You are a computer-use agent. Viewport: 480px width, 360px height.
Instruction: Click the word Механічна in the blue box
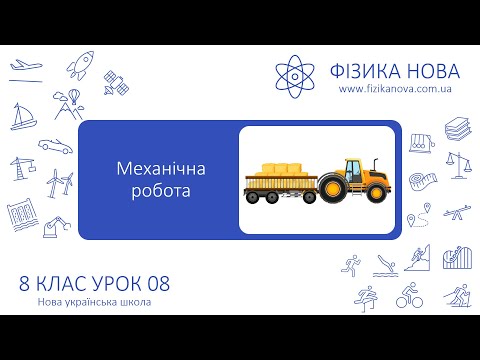151,170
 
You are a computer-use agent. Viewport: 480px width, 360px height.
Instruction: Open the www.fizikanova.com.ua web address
399,90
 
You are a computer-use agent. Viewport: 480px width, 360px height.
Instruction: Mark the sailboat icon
23,117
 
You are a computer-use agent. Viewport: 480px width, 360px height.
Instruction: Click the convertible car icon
55,144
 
